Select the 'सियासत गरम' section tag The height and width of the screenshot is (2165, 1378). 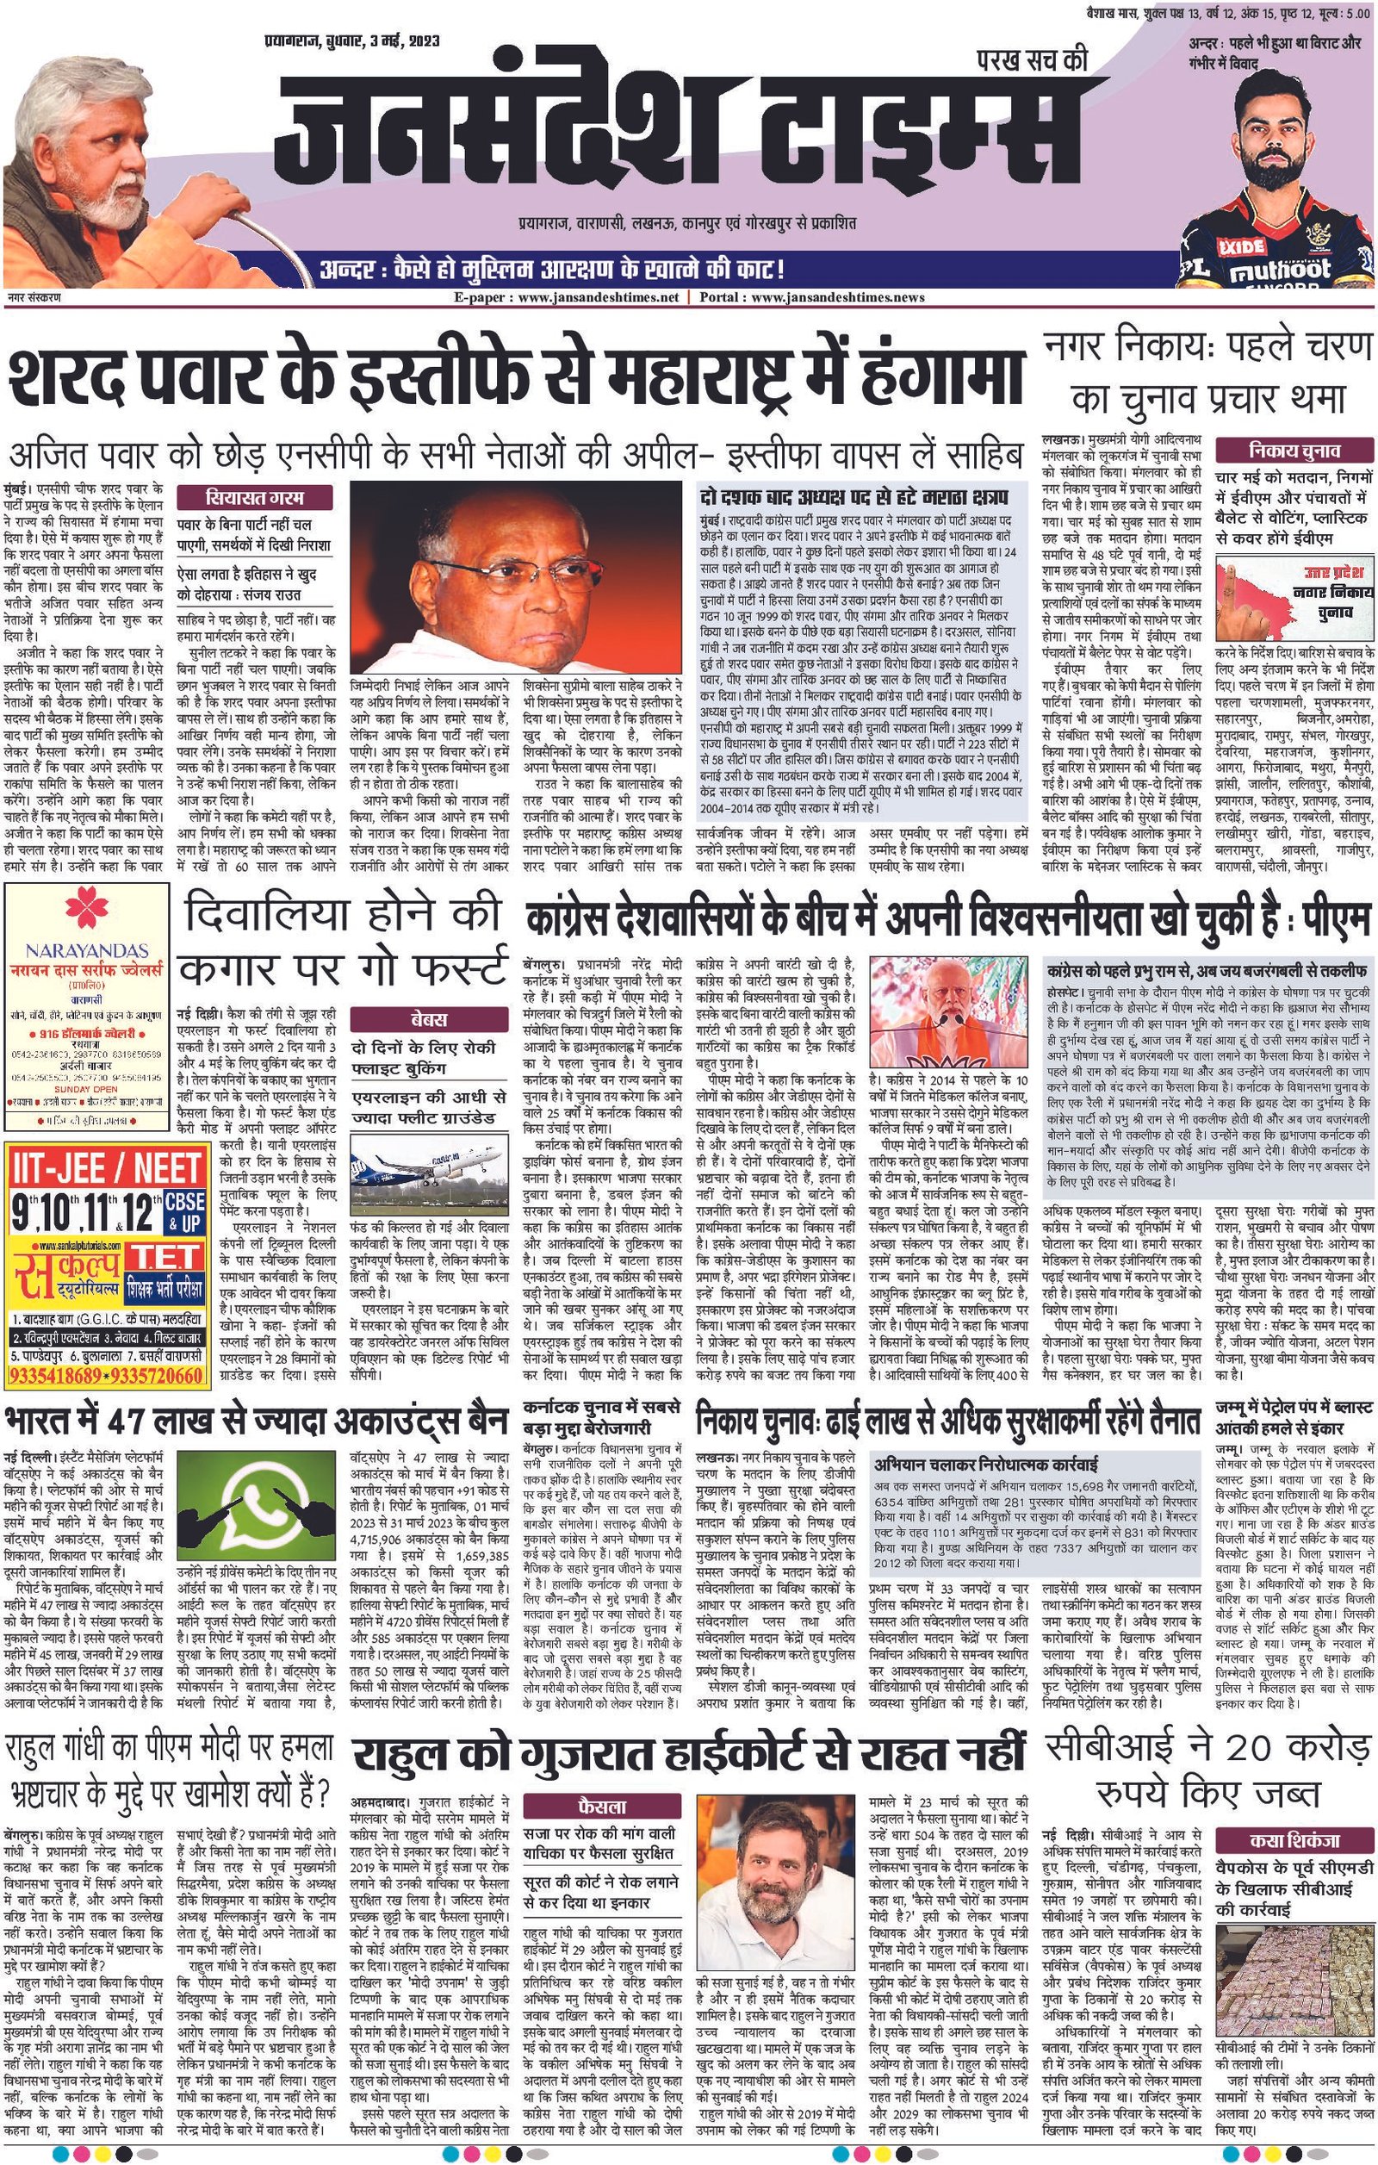(253, 497)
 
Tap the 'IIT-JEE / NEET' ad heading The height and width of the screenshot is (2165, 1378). (106, 1168)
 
